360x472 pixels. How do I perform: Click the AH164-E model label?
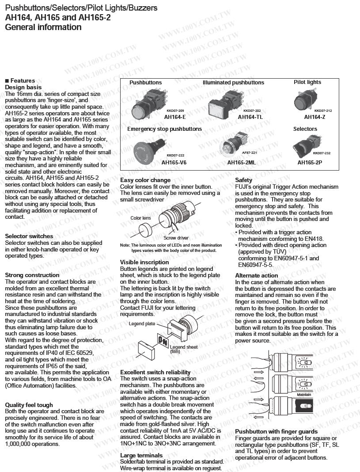click(174, 117)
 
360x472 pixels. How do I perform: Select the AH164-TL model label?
click(250, 117)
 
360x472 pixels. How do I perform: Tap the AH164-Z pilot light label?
click(315, 117)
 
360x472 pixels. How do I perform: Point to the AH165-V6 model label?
click(174, 162)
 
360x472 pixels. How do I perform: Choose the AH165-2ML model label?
click(241, 162)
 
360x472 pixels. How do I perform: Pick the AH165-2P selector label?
click(309, 162)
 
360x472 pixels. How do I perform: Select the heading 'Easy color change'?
click(145, 180)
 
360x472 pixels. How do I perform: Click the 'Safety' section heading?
click(244, 180)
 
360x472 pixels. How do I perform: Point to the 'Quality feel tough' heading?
click(29, 405)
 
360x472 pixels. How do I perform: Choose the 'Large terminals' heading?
click(141, 455)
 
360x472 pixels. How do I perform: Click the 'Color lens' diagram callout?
click(140, 218)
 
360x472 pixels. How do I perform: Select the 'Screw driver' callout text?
click(176, 238)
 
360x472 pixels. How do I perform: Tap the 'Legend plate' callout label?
click(142, 324)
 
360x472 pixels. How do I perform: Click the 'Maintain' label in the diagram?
click(304, 394)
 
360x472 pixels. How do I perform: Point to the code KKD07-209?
click(175, 111)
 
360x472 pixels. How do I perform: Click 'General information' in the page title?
click(43, 27)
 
